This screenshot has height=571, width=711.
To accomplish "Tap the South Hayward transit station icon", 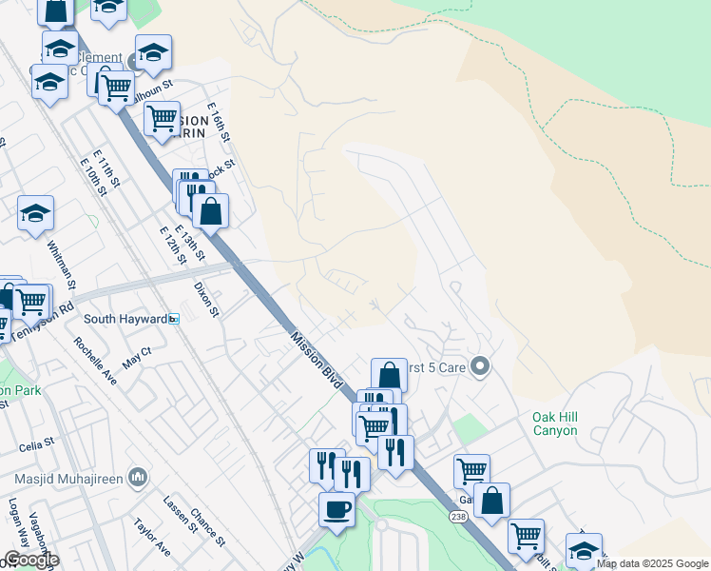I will coord(174,319).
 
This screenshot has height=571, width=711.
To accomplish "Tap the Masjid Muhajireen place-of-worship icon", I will coord(138,475).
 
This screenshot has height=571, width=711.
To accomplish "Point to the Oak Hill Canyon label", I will coord(554,423).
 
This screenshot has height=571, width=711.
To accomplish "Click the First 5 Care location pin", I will coord(480,366).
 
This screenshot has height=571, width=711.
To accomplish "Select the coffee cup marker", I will coord(336,509).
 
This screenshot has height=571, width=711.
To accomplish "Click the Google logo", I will coord(31,560).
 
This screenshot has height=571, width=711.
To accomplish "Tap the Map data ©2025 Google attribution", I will coord(652,563).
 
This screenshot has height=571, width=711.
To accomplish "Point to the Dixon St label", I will coord(206,298).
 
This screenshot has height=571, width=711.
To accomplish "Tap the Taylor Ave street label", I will coord(151,537).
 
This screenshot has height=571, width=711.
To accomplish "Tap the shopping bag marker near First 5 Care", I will coord(389,375).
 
